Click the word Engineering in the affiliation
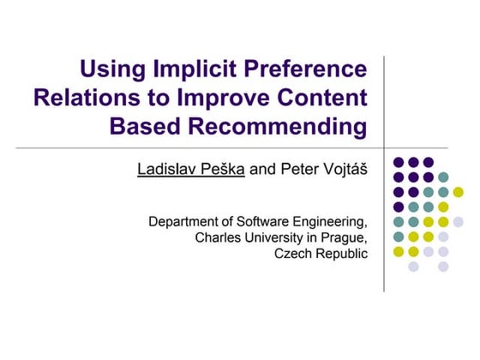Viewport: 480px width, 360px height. [333, 222]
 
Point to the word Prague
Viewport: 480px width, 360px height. [345, 237]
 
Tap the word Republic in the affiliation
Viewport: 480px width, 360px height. [342, 254]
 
